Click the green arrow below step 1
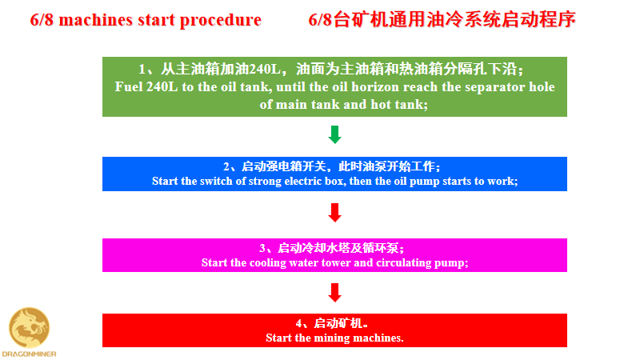[334, 134]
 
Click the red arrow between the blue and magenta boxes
[334, 213]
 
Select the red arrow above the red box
[334, 293]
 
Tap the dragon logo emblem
[30, 328]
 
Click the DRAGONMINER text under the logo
[29, 354]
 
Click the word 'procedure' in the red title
[221, 20]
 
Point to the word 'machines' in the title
[96, 19]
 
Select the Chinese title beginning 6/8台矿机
[442, 19]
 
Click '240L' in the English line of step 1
[162, 86]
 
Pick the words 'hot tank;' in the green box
[399, 105]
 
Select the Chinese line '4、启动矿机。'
[332, 323]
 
